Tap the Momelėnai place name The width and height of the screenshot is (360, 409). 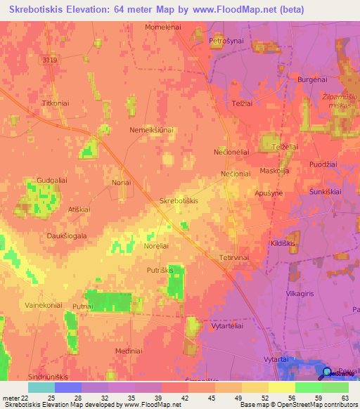pos(163,26)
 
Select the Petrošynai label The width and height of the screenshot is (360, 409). pos(226,41)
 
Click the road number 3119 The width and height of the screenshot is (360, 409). pos(49,61)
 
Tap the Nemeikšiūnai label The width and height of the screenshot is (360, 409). pos(153,131)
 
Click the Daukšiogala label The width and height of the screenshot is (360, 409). pos(67,236)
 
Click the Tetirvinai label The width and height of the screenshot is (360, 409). pos(234,258)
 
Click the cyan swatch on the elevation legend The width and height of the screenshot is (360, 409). pos(41,387)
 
